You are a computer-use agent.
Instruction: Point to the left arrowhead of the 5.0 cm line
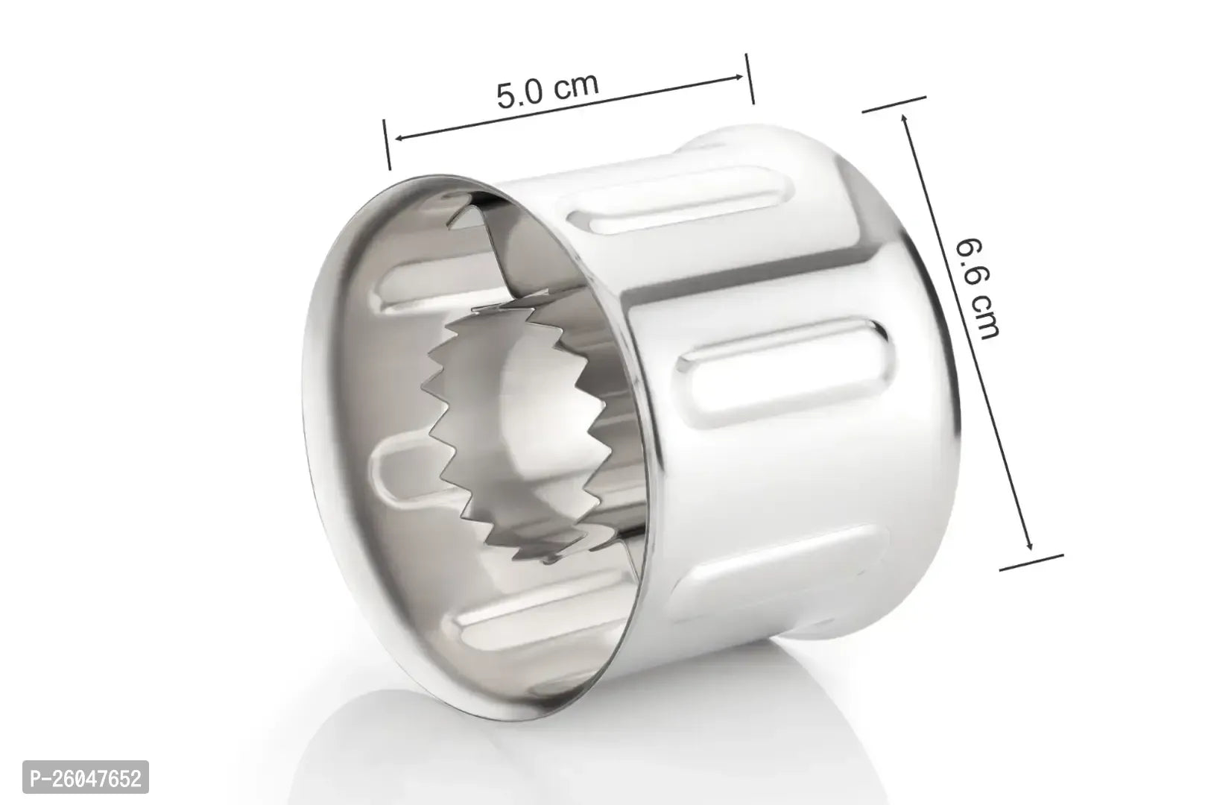401,138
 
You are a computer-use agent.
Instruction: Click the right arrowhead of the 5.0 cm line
737,78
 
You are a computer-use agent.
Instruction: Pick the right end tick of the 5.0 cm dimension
750,79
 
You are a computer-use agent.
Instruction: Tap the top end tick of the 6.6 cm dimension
894,104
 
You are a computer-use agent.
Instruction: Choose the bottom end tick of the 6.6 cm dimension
1031,562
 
